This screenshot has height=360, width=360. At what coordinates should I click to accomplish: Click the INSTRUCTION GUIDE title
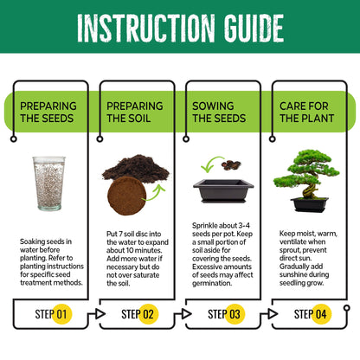click(x=179, y=28)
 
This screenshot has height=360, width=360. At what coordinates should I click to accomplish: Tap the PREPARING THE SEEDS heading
click(x=48, y=112)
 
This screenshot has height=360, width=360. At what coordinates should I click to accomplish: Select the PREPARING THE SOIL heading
click(x=134, y=112)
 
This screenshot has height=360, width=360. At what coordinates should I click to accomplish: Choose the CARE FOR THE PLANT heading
click(x=304, y=112)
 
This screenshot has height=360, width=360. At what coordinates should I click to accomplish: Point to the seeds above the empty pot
click(x=231, y=164)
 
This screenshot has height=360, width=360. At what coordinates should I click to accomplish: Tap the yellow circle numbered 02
click(x=148, y=313)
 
